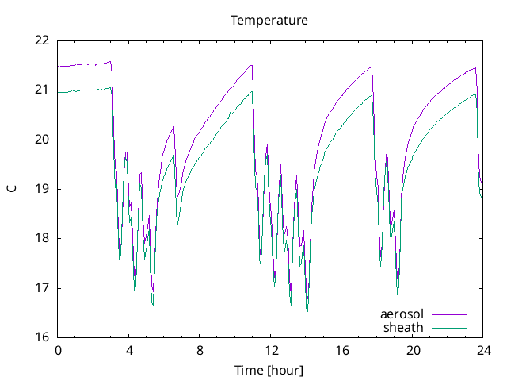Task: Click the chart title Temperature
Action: click(x=269, y=20)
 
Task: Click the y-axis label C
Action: click(x=11, y=189)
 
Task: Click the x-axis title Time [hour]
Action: click(x=269, y=371)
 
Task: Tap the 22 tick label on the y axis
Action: click(x=41, y=40)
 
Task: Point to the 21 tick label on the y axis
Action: click(x=41, y=90)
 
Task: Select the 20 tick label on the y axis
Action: click(x=41, y=140)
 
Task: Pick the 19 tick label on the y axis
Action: click(x=41, y=189)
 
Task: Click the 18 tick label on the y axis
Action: click(x=41, y=238)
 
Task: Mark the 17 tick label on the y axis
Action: click(x=41, y=288)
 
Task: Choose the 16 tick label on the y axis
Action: click(x=41, y=337)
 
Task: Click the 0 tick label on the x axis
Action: click(x=58, y=350)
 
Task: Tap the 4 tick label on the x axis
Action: click(x=129, y=350)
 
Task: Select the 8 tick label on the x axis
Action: click(x=200, y=350)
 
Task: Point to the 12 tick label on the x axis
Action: click(x=271, y=350)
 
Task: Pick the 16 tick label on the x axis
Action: click(x=341, y=350)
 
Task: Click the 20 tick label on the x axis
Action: click(x=413, y=350)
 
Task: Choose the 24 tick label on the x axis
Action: click(x=483, y=350)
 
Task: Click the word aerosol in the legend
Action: click(x=402, y=314)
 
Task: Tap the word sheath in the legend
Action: click(x=404, y=327)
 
